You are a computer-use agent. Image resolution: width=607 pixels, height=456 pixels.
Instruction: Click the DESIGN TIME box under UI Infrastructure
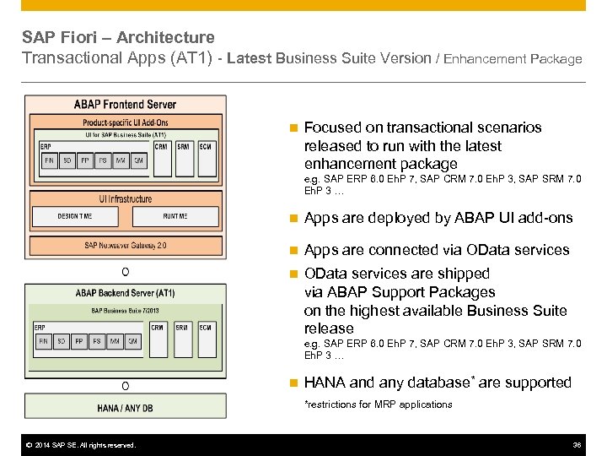pyautogui.click(x=75, y=216)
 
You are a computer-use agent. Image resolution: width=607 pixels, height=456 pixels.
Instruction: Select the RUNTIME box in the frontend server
pyautogui.click(x=175, y=216)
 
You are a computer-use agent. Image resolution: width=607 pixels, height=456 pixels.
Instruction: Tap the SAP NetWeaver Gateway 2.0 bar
pyautogui.click(x=125, y=245)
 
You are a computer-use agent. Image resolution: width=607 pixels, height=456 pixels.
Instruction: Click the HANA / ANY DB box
pyautogui.click(x=125, y=408)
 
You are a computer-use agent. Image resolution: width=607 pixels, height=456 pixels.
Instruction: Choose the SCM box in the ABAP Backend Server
pyautogui.click(x=206, y=327)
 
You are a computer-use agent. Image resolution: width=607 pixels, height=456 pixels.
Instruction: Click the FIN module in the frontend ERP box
pyautogui.click(x=48, y=160)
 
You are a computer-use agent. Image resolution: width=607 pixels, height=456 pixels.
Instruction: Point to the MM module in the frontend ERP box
pyautogui.click(x=121, y=160)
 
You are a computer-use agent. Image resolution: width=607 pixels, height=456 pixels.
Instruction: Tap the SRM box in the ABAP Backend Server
pyautogui.click(x=183, y=327)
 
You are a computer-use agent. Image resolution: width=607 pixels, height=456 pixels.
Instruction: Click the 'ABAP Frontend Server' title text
pyautogui.click(x=125, y=105)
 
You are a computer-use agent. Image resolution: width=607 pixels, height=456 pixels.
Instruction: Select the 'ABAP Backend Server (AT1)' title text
pyautogui.click(x=125, y=293)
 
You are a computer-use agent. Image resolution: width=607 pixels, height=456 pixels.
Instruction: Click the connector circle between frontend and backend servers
pyautogui.click(x=125, y=272)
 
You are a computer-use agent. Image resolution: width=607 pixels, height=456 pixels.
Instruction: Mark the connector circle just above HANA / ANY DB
pyautogui.click(x=125, y=386)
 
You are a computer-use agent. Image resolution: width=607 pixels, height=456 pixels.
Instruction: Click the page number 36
pyautogui.click(x=577, y=445)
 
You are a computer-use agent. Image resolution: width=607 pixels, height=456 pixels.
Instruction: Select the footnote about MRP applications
pyautogui.click(x=378, y=404)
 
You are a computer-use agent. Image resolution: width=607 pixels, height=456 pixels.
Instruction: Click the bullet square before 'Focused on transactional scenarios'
pyautogui.click(x=293, y=128)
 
